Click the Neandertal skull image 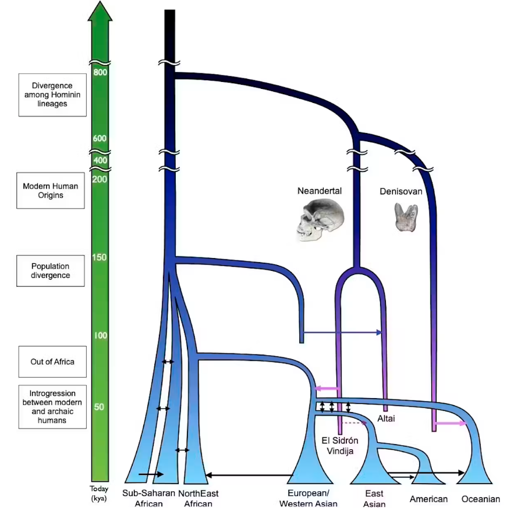(320, 220)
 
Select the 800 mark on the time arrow (100, 72)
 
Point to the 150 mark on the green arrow (100, 257)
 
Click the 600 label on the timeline (100, 138)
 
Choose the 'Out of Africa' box (52, 362)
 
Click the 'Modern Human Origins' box (51, 191)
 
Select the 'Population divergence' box (51, 270)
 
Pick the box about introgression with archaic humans (52, 407)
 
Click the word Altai (387, 418)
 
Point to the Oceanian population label (481, 499)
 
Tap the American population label (428, 499)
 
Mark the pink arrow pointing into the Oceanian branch (452, 424)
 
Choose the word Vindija (338, 450)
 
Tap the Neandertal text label (320, 191)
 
